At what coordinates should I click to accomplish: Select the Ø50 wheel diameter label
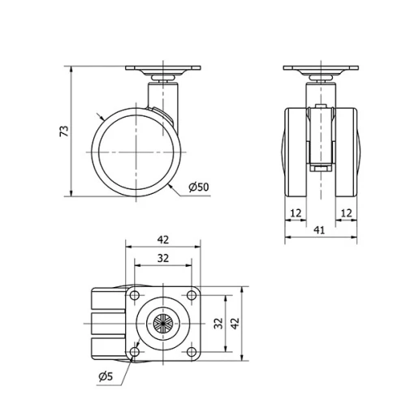point(198,187)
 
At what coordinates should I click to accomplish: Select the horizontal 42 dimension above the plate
point(162,240)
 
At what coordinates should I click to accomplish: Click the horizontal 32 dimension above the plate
point(162,259)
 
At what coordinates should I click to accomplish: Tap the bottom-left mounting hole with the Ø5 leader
point(135,351)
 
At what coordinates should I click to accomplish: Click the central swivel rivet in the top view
point(162,324)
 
